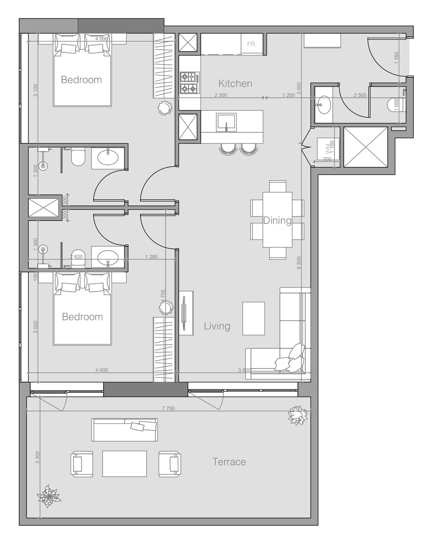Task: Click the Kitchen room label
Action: (x=235, y=83)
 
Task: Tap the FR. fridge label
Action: (x=251, y=44)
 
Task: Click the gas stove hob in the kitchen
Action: (x=189, y=83)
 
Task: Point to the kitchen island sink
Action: (x=226, y=122)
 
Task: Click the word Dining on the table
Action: (x=277, y=220)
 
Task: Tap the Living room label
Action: (x=217, y=326)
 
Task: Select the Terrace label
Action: (x=229, y=462)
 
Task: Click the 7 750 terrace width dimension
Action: (x=168, y=408)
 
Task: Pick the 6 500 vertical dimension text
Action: (x=299, y=263)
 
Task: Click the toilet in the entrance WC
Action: (x=393, y=104)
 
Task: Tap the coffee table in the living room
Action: (x=253, y=318)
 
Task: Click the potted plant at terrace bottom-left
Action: (x=49, y=496)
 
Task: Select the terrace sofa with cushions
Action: (x=124, y=430)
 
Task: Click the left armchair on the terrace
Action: (x=82, y=464)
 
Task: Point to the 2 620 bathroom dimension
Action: (x=76, y=257)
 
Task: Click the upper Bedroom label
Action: (x=81, y=80)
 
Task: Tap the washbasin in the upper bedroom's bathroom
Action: (x=108, y=158)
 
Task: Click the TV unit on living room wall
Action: (x=186, y=313)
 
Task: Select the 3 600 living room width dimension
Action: (x=244, y=370)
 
